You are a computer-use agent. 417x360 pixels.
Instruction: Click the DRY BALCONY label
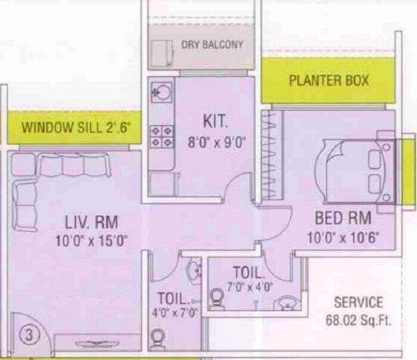[211, 45]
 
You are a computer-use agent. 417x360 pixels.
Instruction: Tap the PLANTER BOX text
[329, 80]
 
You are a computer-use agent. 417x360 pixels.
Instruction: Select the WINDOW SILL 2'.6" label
[76, 128]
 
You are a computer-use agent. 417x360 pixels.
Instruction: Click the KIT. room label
[215, 122]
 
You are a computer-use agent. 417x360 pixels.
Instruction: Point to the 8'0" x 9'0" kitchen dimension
[216, 142]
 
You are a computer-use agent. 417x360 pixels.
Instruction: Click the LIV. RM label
[91, 222]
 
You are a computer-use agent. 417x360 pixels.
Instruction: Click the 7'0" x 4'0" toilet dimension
[250, 287]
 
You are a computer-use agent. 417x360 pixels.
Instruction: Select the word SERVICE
[358, 302]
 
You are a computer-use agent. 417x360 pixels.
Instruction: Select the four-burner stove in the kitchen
[161, 136]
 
